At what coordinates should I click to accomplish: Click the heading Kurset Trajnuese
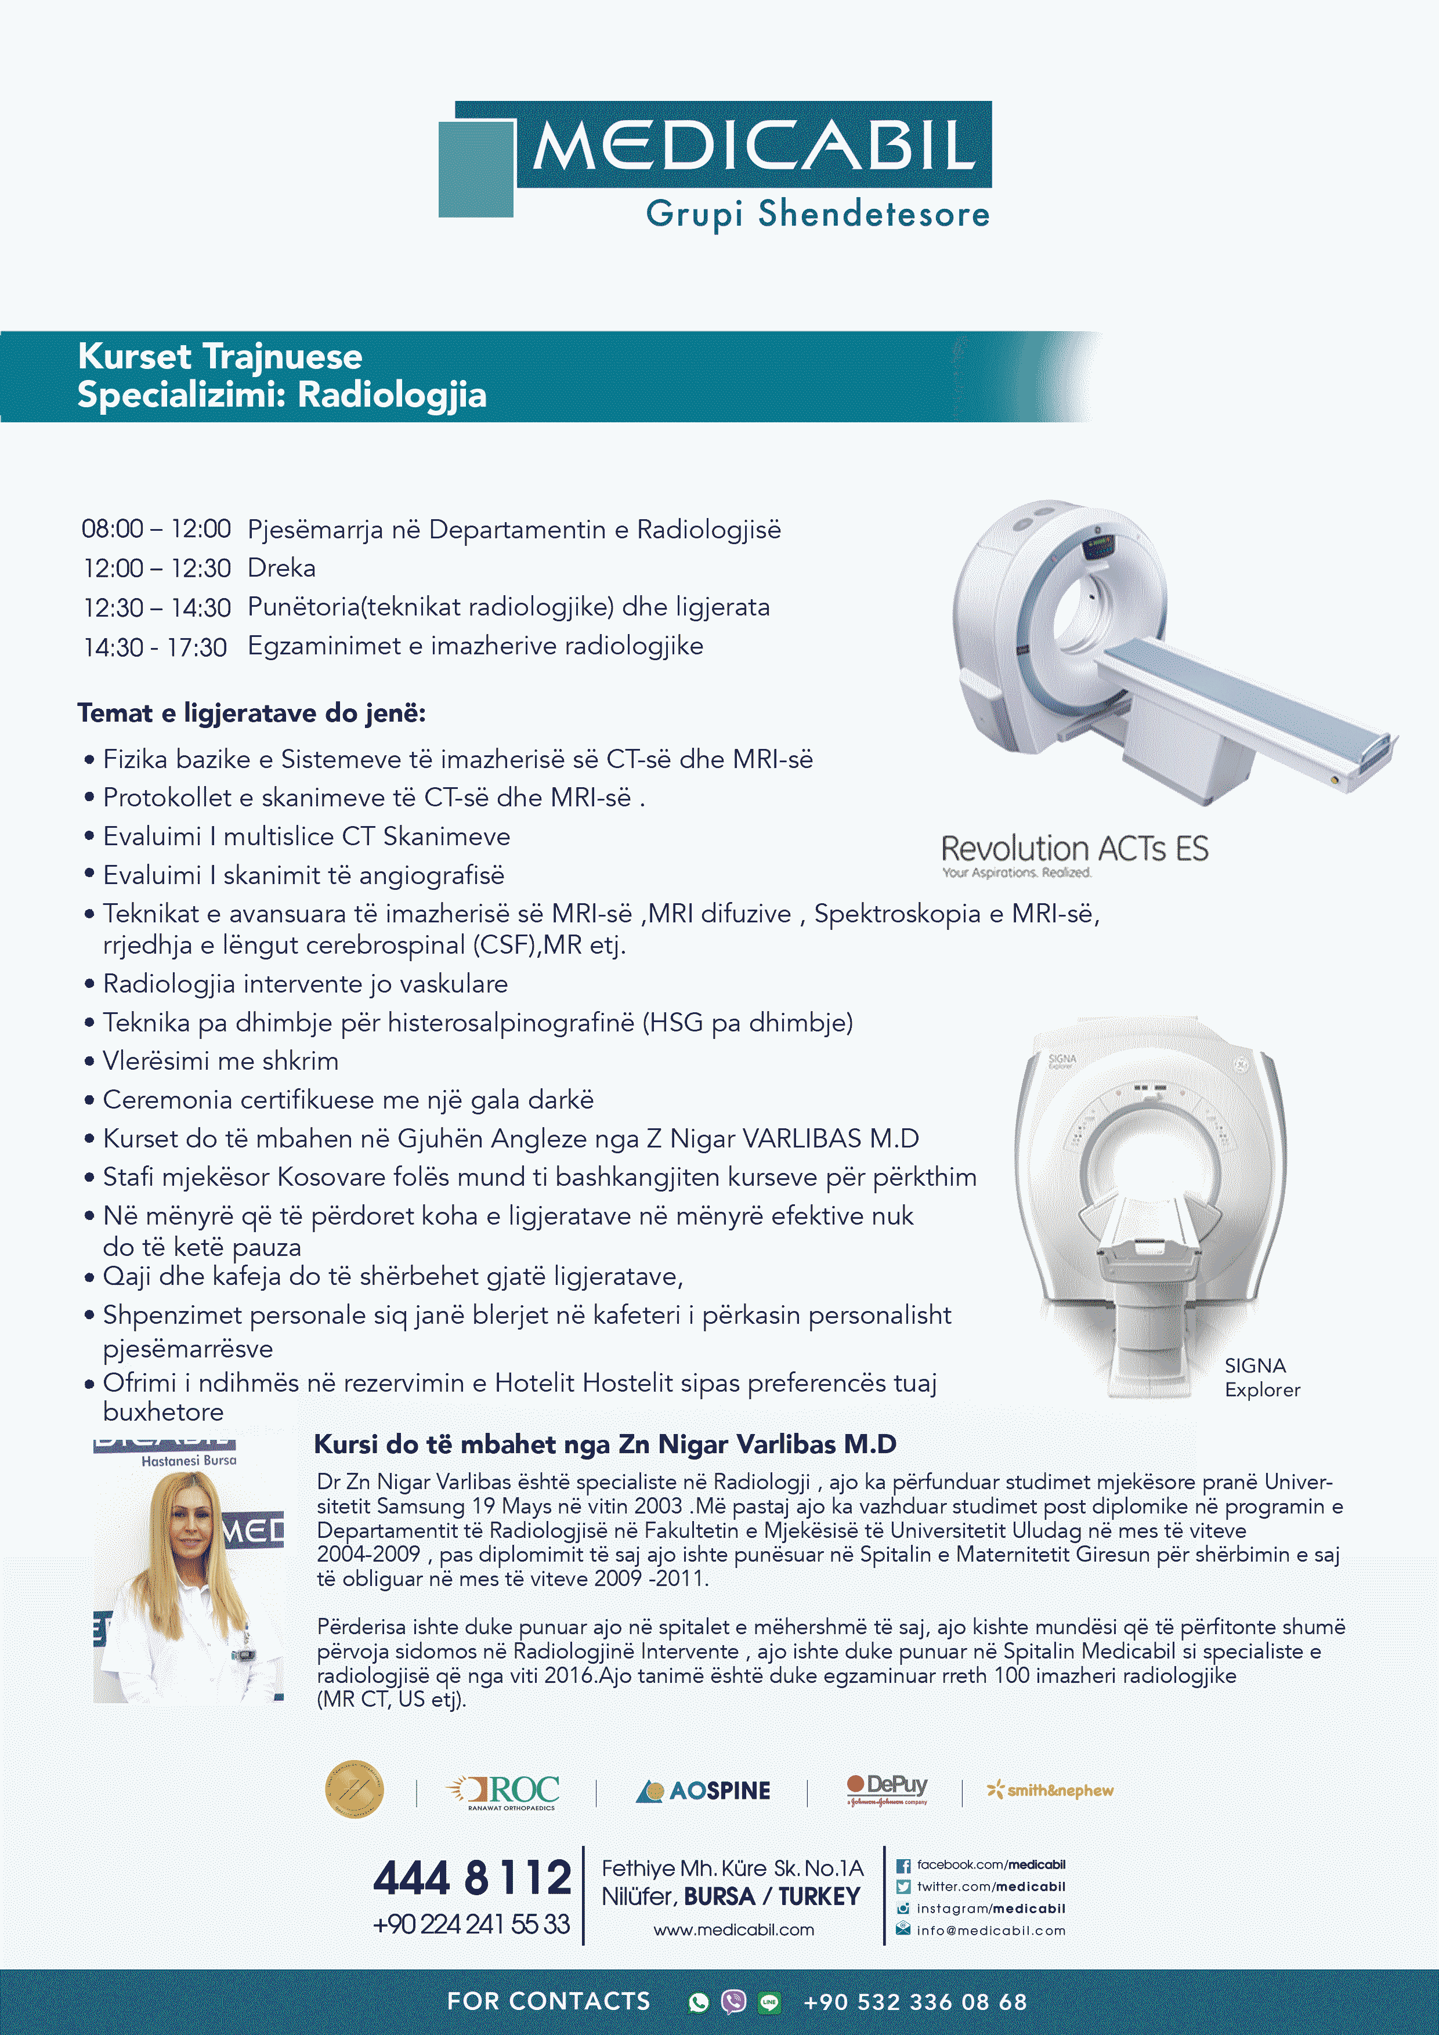pos(220,356)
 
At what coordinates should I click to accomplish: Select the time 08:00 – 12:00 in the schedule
pos(156,529)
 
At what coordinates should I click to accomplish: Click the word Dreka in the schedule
pos(281,568)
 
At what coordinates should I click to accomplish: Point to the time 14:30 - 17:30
pos(155,647)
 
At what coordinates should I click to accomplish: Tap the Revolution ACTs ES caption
pos(1073,849)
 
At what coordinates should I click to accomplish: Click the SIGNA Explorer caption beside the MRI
pos(1261,1377)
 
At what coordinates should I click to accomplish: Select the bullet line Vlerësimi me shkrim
pos(220,1061)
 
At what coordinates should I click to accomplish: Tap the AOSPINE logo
pos(703,1790)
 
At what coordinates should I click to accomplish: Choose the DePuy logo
pos(888,1788)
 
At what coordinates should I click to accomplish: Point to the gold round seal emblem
pos(355,1788)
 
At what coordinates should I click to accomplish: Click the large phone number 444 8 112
pos(472,1878)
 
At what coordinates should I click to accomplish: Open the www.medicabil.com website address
pos(733,1929)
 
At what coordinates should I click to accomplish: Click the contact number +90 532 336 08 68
pos(914,2002)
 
